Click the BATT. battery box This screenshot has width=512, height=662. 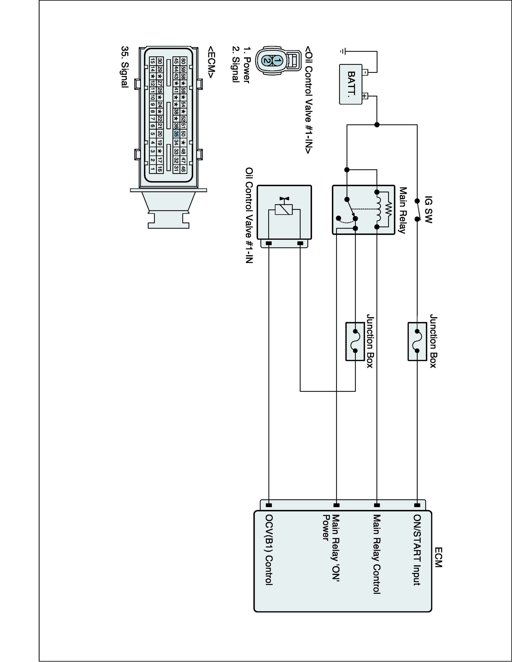[x=351, y=84]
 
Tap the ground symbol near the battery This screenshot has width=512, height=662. [x=343, y=52]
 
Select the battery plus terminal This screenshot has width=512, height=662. [x=365, y=96]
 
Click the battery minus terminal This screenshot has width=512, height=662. [x=365, y=72]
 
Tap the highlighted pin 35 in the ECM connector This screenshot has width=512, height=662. [x=176, y=134]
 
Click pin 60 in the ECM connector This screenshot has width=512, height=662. [x=183, y=61]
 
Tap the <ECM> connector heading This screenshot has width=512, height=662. [x=211, y=62]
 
